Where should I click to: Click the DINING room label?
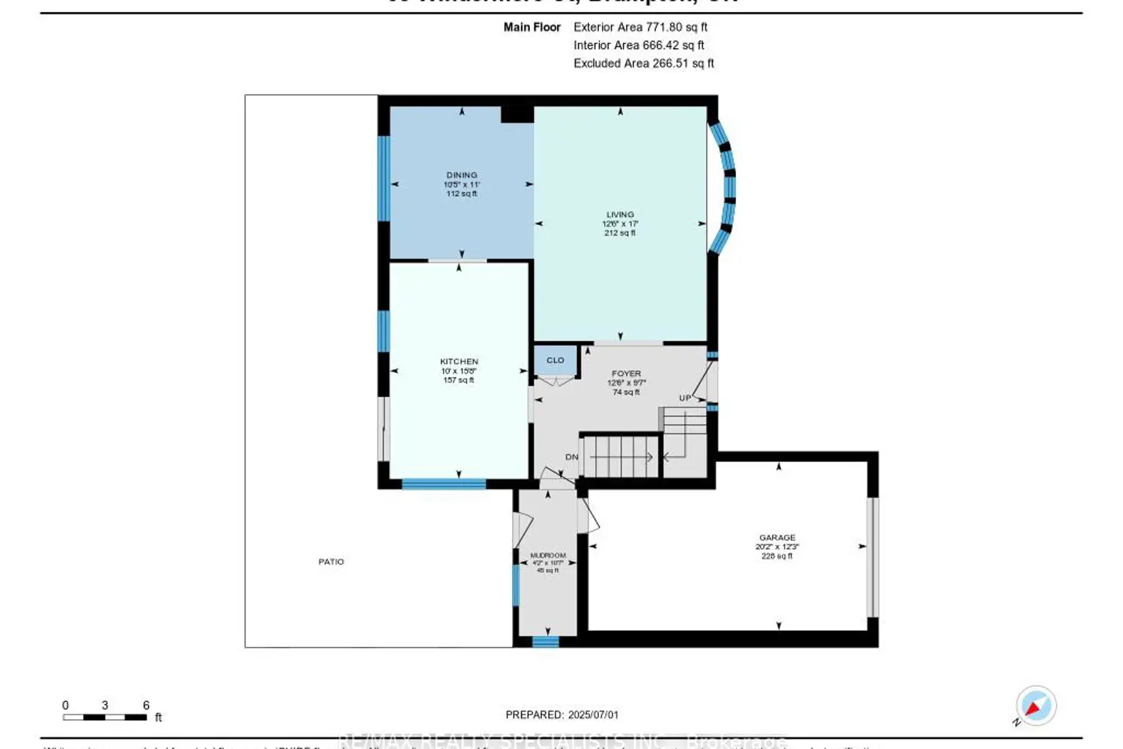(461, 175)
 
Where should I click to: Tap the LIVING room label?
(620, 215)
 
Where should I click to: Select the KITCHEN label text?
(459, 362)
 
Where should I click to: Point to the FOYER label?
(626, 374)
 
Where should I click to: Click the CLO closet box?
(556, 361)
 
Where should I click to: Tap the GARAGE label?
(777, 538)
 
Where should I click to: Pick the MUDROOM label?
(548, 556)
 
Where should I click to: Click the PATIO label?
(331, 562)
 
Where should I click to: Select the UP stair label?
(685, 398)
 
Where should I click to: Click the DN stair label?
(572, 457)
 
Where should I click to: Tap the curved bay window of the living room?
(725, 187)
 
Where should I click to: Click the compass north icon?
(1035, 706)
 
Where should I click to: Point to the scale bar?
(105, 718)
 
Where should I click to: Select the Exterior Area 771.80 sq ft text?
(640, 27)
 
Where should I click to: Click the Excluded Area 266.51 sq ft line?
(643, 64)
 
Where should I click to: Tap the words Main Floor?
(532, 27)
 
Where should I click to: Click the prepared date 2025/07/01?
(593, 715)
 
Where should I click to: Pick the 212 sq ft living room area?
(620, 233)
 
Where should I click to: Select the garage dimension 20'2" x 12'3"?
(777, 547)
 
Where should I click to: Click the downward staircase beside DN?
(620, 456)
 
